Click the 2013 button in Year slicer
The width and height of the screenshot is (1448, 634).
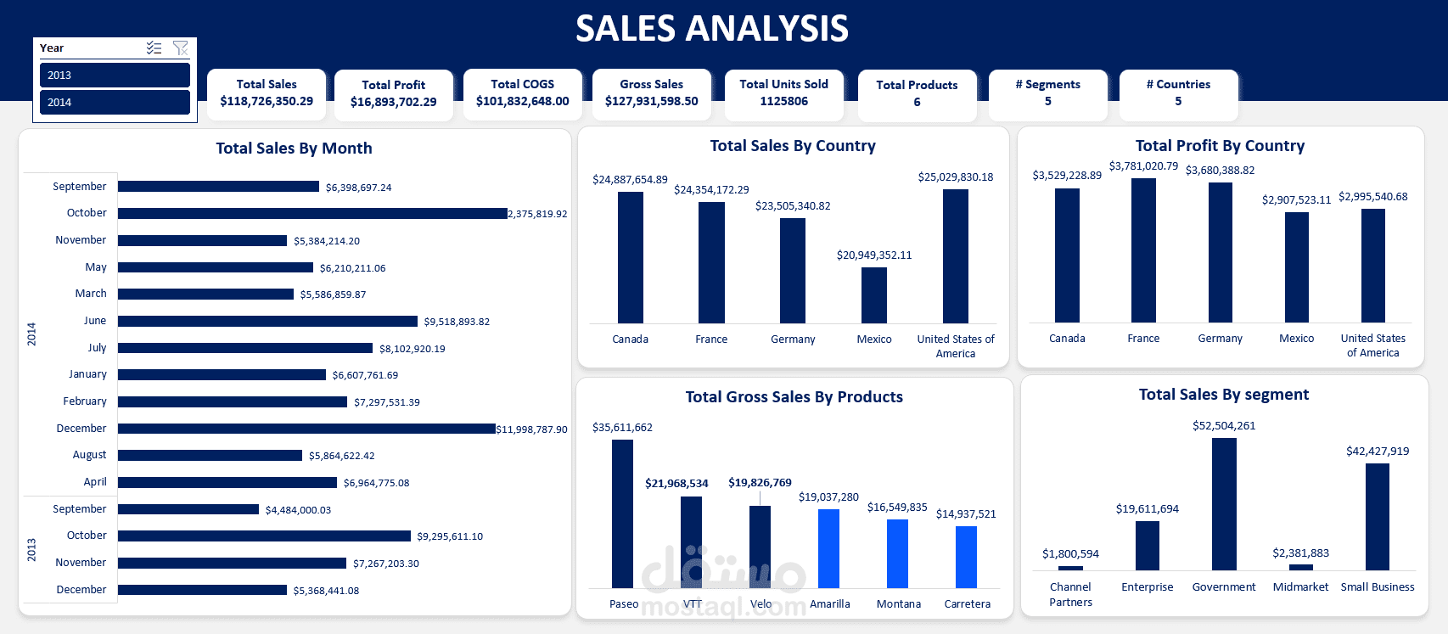(115, 75)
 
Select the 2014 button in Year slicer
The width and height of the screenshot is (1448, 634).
(115, 102)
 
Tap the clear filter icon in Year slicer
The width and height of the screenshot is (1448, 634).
(180, 48)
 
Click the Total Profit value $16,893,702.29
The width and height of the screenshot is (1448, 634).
(393, 102)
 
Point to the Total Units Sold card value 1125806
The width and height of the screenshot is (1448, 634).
(783, 101)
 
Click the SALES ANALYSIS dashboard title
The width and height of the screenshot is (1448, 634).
(711, 29)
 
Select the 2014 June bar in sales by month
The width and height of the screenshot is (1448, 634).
(267, 321)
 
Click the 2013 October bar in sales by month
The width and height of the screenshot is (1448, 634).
(264, 536)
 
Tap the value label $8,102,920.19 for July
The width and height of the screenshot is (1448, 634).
(412, 349)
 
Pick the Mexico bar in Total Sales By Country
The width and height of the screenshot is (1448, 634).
(873, 295)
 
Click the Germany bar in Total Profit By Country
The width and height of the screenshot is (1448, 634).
(1220, 252)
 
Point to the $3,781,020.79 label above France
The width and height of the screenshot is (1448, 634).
(1143, 166)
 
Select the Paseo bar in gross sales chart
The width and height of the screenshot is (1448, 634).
(622, 513)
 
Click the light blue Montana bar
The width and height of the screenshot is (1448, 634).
(897, 553)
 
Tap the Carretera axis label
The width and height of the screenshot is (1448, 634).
(967, 604)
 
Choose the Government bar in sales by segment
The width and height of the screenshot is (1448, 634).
(1224, 503)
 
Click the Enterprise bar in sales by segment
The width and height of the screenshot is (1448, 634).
(1147, 545)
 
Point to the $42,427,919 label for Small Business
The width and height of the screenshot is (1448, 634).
(1377, 452)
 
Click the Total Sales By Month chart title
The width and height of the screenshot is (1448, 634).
(294, 149)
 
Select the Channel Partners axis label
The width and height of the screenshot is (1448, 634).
(1070, 594)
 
